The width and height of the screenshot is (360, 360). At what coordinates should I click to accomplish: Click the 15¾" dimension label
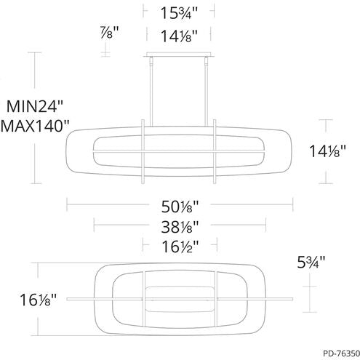click(180, 12)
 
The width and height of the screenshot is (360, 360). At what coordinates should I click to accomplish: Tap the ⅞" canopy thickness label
click(107, 32)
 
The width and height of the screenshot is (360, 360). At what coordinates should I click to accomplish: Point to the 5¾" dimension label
click(311, 260)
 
